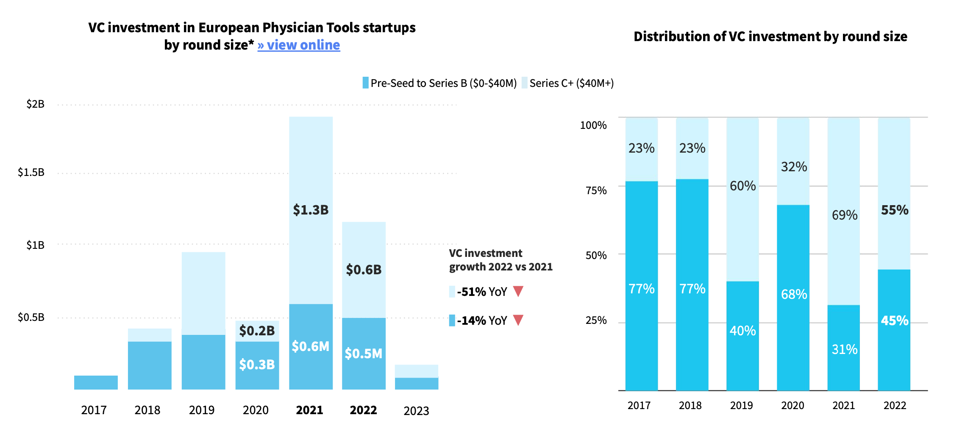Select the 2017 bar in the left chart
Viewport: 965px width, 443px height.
96,382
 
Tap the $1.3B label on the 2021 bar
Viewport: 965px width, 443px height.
311,210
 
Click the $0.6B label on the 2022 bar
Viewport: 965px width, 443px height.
364,270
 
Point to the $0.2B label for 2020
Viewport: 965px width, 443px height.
257,331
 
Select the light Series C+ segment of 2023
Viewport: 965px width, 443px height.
416,371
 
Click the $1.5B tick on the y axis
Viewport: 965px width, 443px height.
31,172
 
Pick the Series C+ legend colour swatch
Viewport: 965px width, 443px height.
525,83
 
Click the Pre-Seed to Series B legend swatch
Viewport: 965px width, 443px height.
365,83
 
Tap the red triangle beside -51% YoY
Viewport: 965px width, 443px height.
518,291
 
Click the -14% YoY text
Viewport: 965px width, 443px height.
482,320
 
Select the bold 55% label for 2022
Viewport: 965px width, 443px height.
894,210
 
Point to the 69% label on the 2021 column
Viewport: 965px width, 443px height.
844,215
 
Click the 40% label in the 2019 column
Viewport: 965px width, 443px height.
743,331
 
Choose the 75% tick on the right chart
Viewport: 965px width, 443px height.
596,190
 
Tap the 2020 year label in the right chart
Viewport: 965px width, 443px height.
793,406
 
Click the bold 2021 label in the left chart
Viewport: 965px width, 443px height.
309,410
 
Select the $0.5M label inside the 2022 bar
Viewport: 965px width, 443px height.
363,354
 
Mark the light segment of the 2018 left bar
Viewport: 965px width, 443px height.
150,334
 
